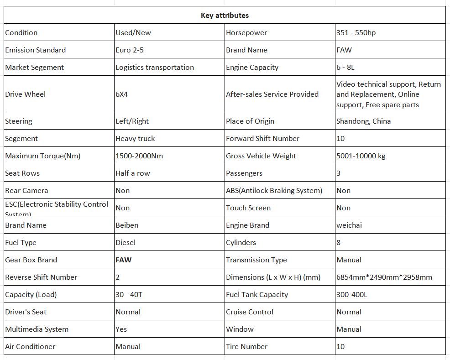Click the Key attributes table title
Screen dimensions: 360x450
click(x=225, y=16)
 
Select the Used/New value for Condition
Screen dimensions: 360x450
click(x=133, y=33)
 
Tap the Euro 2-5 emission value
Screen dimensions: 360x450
click(x=130, y=50)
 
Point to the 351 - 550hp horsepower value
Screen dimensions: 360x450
click(x=356, y=33)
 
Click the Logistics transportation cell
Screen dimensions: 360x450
click(x=155, y=68)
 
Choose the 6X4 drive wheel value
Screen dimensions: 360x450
click(x=122, y=94)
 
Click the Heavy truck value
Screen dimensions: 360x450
click(x=135, y=139)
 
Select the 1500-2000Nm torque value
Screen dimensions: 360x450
click(x=139, y=156)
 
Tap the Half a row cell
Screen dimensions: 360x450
click(x=133, y=173)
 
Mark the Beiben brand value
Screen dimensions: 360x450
click(x=127, y=225)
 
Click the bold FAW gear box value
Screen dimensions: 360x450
click(x=123, y=260)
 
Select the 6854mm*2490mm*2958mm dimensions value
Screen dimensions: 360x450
click(x=384, y=277)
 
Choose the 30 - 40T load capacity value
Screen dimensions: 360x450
click(x=129, y=295)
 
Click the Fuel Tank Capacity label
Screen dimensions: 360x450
click(x=257, y=295)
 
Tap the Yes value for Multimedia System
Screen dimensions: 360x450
click(x=121, y=329)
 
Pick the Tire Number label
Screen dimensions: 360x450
click(x=247, y=347)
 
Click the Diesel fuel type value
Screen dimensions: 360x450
click(x=126, y=243)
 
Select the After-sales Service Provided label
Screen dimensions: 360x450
click(x=272, y=94)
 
